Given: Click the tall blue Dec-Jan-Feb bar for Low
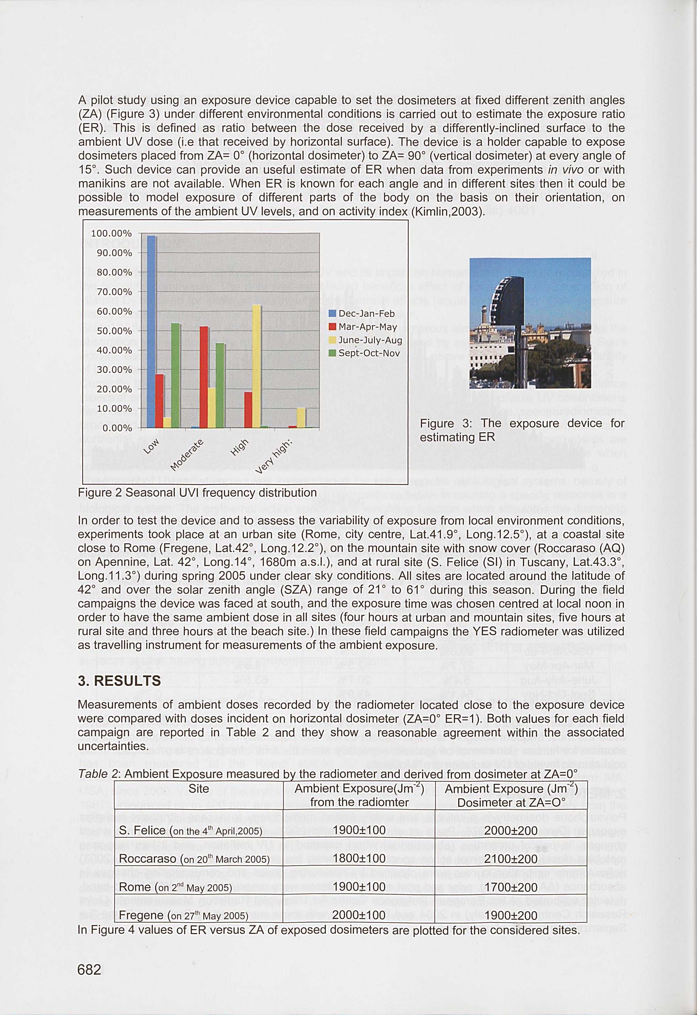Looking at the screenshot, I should tap(151, 332).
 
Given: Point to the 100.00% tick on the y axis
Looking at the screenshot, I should tap(114, 234).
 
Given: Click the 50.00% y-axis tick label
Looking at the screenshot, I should tap(114, 331).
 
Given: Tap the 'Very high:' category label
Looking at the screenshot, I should tap(273, 457).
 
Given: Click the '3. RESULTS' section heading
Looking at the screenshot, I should tap(119, 681).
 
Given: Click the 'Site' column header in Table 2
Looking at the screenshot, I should tap(199, 789).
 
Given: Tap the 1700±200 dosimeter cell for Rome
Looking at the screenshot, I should tap(511, 887).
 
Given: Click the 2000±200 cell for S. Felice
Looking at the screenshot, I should tap(511, 830).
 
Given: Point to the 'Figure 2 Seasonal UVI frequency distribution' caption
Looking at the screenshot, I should tap(197, 493).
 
